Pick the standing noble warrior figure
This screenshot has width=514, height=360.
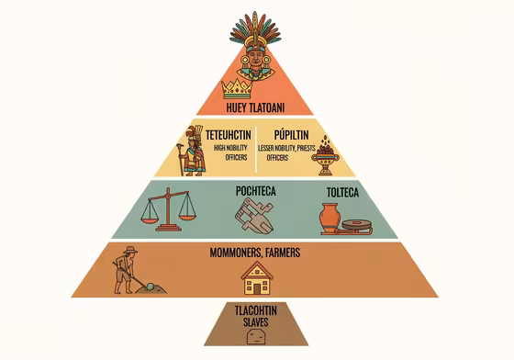click(x=194, y=150)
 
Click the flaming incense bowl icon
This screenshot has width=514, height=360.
click(x=324, y=156)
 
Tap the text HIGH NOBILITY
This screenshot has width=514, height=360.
click(x=230, y=147)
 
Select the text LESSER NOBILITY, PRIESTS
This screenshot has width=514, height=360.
click(x=292, y=147)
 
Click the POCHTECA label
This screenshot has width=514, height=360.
click(x=256, y=191)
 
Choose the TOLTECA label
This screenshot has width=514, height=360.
click(x=342, y=192)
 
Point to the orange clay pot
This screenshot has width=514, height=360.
click(x=330, y=219)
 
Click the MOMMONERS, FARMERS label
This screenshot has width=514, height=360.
click(x=256, y=253)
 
